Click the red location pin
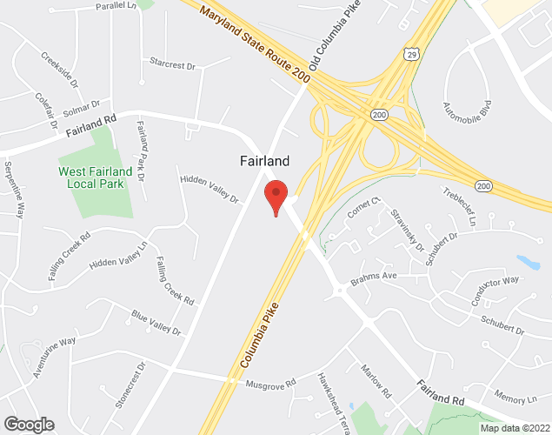pos(276,196)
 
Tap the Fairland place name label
pos(264,161)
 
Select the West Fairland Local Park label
pos(96,177)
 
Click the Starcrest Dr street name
pos(173,63)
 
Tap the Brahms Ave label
pos(373,277)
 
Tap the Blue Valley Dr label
pos(156,324)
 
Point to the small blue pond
pos(528,262)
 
